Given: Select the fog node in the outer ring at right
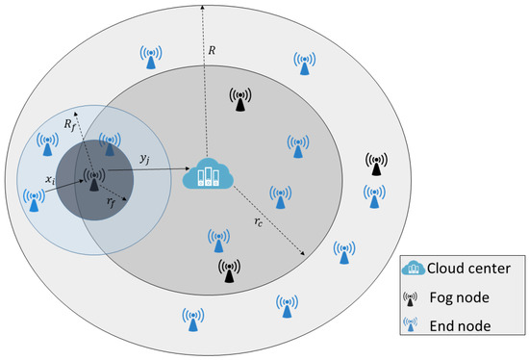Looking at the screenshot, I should (x=375, y=166).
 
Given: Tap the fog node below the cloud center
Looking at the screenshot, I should (x=229, y=271).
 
